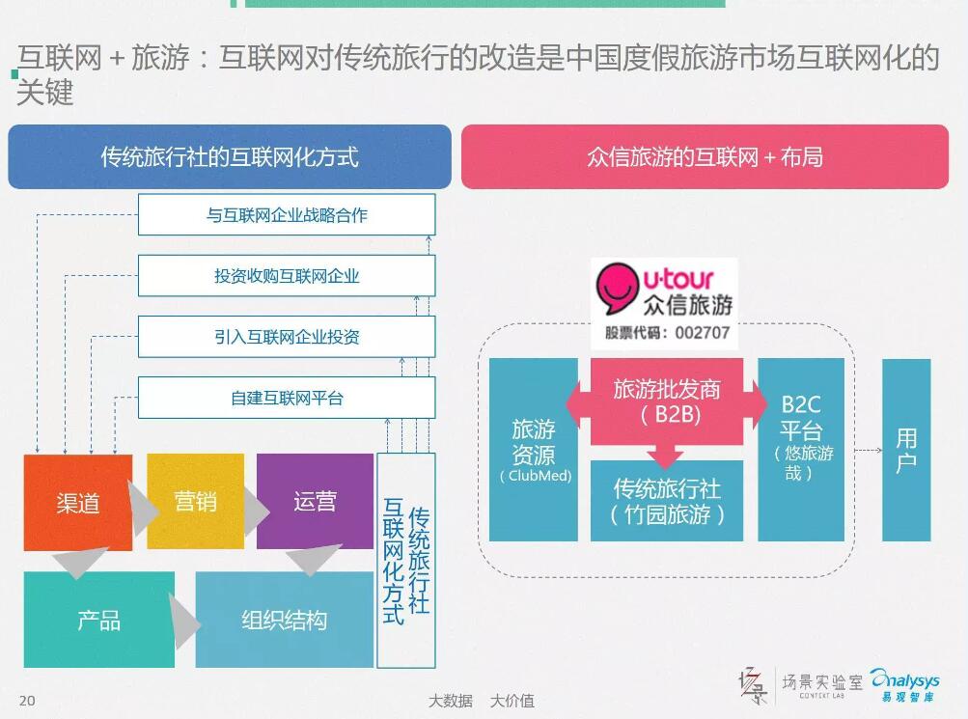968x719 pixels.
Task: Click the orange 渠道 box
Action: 78,503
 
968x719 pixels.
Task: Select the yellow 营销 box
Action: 195,501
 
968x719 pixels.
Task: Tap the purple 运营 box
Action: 315,501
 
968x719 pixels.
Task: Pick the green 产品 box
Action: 98,620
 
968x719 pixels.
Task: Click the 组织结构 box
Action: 284,620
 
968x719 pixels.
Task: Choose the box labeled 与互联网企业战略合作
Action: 287,215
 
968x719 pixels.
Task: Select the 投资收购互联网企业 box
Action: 287,276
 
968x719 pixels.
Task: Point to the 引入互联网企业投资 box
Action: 287,337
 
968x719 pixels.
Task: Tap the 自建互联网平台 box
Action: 287,398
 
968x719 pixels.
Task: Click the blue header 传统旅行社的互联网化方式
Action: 230,156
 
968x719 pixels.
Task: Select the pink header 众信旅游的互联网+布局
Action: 705,156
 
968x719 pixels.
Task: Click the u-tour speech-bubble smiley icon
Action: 616,289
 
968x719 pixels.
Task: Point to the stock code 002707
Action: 703,333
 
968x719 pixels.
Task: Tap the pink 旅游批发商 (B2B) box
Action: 667,401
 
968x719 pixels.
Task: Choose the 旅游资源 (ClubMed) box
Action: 534,450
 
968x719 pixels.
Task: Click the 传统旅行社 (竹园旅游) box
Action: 667,501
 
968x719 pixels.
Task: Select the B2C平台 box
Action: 801,450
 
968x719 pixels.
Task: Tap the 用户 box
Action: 906,450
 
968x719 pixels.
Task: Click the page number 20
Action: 27,701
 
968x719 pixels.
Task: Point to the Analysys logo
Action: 905,685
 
